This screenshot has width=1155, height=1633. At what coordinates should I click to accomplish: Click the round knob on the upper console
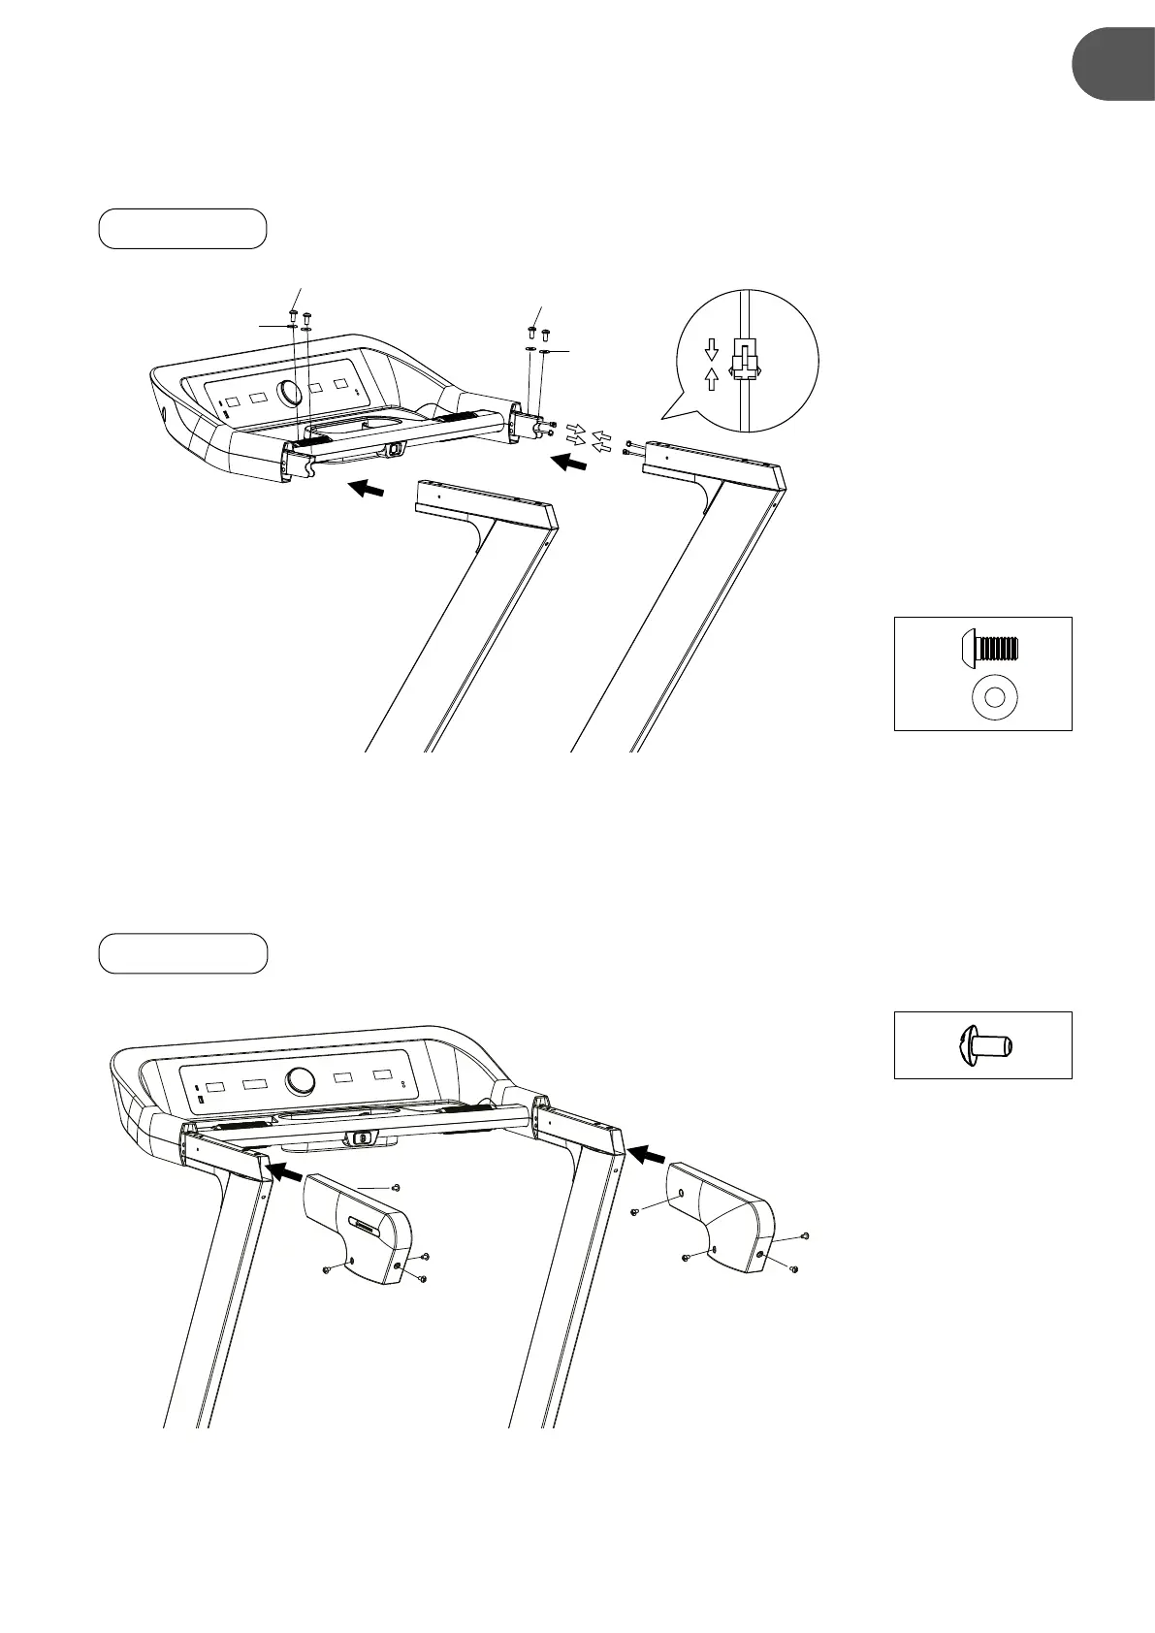click(x=289, y=393)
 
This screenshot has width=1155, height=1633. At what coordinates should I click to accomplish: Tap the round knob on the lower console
click(x=300, y=1080)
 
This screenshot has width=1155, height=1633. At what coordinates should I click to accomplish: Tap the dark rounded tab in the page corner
click(x=1114, y=64)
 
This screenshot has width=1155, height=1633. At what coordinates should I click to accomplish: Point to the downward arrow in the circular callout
click(x=711, y=348)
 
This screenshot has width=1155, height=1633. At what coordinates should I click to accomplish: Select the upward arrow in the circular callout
click(x=711, y=378)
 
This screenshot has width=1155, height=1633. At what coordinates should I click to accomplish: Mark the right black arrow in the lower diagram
click(x=647, y=1154)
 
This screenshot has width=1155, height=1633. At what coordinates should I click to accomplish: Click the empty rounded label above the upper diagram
click(x=182, y=228)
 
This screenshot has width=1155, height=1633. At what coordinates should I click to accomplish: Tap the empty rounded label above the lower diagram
click(x=182, y=953)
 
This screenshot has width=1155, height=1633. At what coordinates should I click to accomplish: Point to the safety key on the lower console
click(x=361, y=1138)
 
